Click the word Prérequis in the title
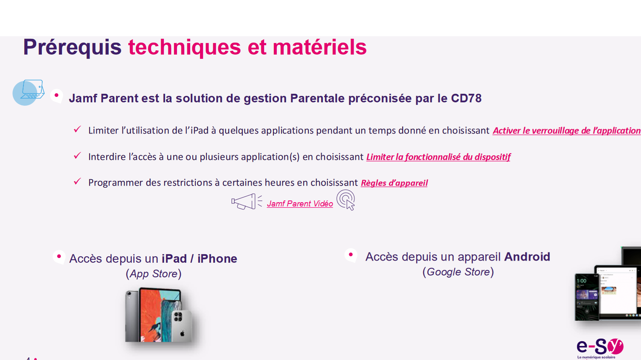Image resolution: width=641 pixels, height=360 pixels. point(72,47)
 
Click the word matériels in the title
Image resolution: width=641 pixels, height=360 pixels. point(319,47)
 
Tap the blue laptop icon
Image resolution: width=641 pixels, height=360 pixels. point(29,92)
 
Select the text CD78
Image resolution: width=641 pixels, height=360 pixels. point(466,98)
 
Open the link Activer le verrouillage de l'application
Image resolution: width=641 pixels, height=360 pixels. point(567,131)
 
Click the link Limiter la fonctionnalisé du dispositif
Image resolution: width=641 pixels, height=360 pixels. point(438,157)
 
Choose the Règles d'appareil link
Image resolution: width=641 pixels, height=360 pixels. point(394,183)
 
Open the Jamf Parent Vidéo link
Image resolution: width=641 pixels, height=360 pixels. point(300,204)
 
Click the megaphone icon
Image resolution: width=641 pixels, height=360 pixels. point(247,201)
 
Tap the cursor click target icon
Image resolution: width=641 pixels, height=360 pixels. point(346,200)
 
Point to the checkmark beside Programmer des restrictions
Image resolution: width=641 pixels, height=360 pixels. point(77,181)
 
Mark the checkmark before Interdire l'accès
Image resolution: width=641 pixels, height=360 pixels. point(77,156)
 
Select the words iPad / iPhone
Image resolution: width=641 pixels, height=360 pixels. point(200,258)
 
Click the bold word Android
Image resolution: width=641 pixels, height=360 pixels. point(527,257)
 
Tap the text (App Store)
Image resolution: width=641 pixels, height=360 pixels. point(154,274)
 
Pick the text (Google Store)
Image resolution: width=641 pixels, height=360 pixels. point(458,272)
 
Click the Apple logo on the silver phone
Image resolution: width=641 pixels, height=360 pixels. point(182,334)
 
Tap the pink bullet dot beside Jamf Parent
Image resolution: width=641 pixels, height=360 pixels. point(56,95)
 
